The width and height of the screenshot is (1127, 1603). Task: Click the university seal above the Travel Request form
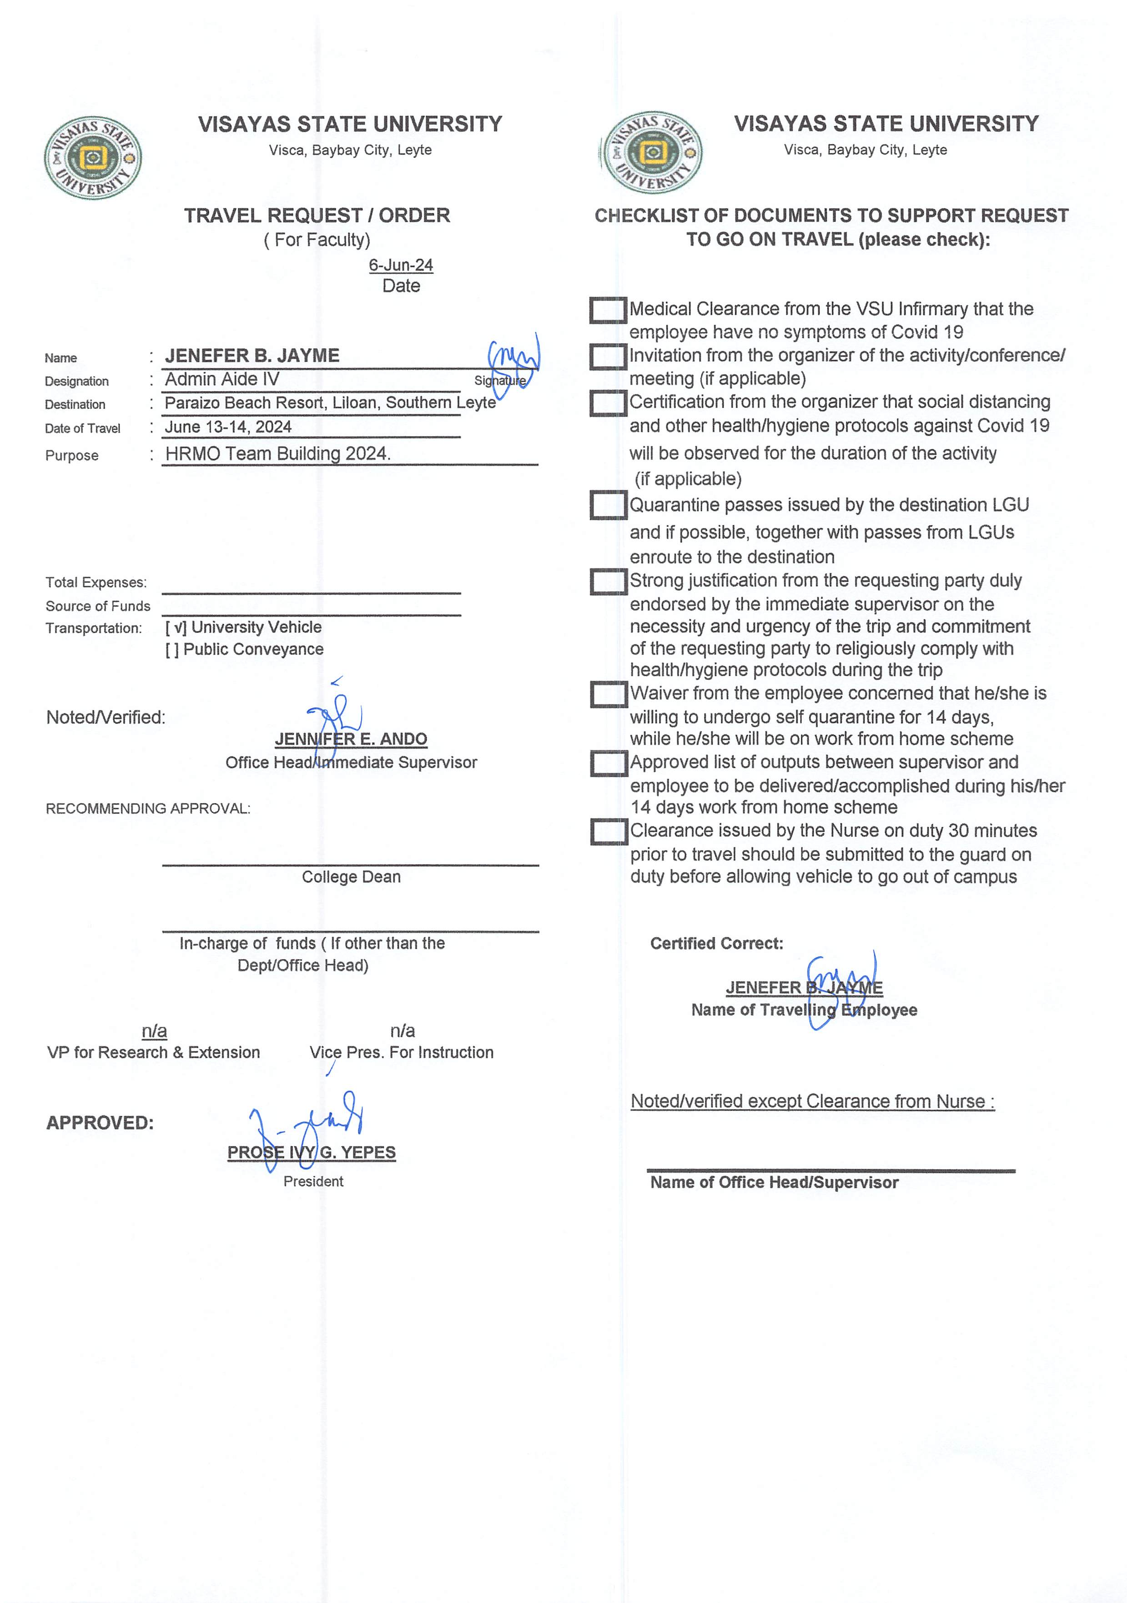pyautogui.click(x=92, y=158)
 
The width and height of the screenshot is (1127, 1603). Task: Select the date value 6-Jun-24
pyautogui.click(x=401, y=265)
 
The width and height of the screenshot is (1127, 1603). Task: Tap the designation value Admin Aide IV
pyautogui.click(x=222, y=379)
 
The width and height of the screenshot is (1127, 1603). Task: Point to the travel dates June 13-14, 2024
pyautogui.click(x=228, y=427)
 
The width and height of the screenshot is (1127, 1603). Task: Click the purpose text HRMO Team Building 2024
pyautogui.click(x=278, y=454)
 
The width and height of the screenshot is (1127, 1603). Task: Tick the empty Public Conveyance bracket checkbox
pyautogui.click(x=172, y=650)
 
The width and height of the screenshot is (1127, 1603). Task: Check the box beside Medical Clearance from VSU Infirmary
pyautogui.click(x=608, y=310)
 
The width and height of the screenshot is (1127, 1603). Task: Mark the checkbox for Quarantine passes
pyautogui.click(x=608, y=505)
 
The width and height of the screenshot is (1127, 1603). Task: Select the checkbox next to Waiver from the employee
pyautogui.click(x=608, y=694)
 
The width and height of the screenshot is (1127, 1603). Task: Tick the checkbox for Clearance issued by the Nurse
pyautogui.click(x=608, y=832)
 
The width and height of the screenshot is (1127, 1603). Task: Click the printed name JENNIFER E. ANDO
pyautogui.click(x=351, y=739)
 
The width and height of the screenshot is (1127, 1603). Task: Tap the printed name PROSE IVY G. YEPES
pyautogui.click(x=312, y=1152)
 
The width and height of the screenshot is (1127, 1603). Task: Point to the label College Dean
pyautogui.click(x=351, y=877)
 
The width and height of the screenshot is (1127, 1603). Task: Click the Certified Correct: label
pyautogui.click(x=716, y=943)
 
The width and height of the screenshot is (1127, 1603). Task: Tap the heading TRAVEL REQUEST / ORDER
pyautogui.click(x=317, y=215)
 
